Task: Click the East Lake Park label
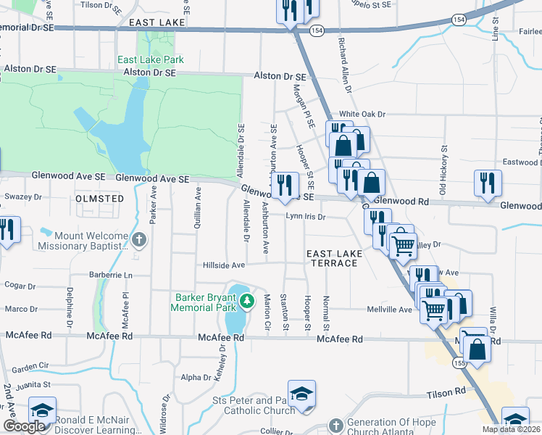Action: tap(151, 59)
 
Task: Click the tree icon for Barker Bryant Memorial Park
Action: tap(247, 300)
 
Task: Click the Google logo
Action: tap(24, 426)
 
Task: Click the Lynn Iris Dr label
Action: tap(307, 217)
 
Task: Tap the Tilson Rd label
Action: tap(451, 391)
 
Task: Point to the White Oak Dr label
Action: tap(362, 115)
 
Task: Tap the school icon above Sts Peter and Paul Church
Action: tap(301, 394)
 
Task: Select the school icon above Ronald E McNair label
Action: tap(42, 410)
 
